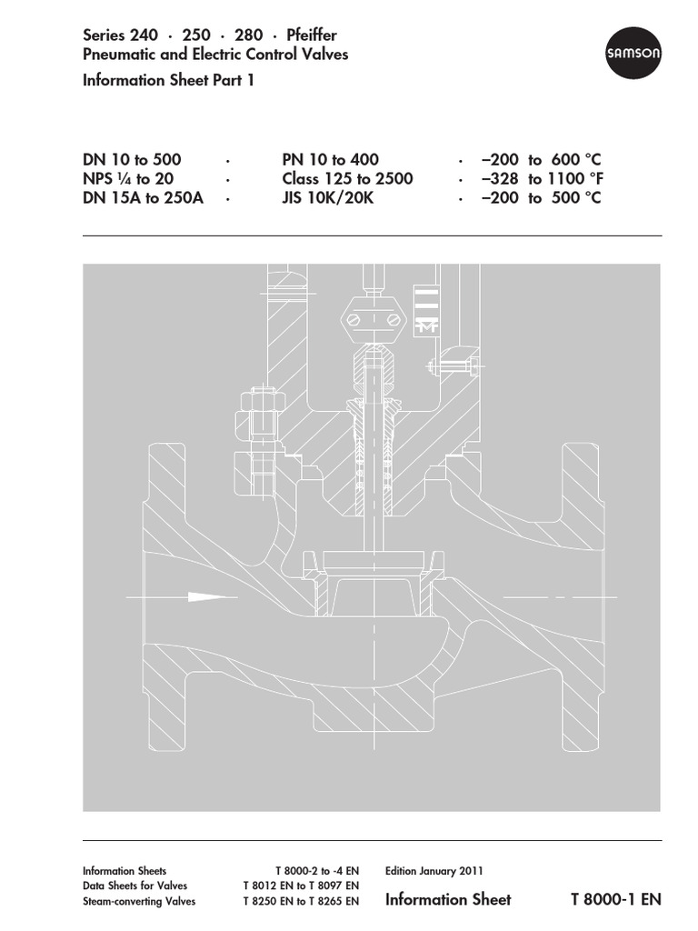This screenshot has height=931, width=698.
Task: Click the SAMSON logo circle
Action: click(633, 55)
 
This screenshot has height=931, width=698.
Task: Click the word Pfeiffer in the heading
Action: click(311, 35)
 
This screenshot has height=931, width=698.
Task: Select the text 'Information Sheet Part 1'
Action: click(168, 80)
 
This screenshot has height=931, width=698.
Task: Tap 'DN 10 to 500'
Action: click(132, 160)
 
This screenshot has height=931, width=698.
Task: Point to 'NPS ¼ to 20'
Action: click(128, 179)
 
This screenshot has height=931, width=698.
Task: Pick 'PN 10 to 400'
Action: click(330, 160)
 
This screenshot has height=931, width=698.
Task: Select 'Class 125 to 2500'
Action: click(347, 179)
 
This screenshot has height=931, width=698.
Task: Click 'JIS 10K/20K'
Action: click(327, 198)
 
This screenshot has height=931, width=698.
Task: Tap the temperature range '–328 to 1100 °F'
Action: click(541, 179)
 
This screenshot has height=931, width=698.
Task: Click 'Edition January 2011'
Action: click(434, 870)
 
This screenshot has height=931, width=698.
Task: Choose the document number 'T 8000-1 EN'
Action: click(615, 900)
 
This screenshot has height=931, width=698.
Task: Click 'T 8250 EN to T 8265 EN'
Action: click(301, 902)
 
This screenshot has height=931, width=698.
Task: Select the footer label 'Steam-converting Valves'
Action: click(138, 902)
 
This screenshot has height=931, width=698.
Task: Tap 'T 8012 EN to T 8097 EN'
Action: click(301, 886)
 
